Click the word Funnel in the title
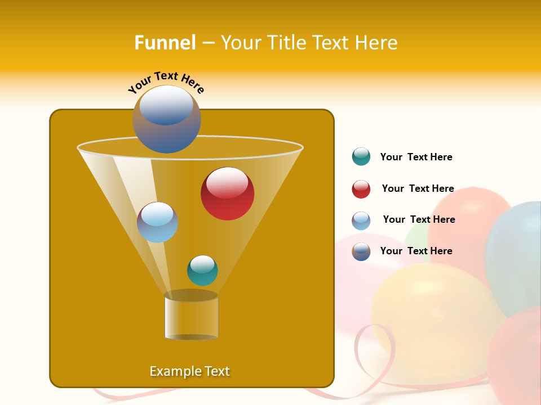(165, 43)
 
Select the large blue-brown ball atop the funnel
(166, 119)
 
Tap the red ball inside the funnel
(227, 193)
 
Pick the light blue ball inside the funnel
(157, 222)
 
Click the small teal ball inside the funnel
(202, 271)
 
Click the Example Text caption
(189, 371)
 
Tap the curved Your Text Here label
(166, 82)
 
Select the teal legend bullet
(361, 157)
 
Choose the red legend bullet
(361, 189)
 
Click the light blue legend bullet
(361, 220)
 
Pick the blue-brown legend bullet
(361, 251)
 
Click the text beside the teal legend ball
(416, 157)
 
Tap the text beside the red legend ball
(418, 189)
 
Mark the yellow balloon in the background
(428, 315)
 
